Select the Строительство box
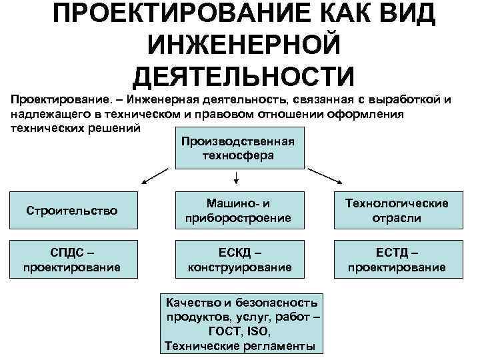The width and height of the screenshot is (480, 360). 72,211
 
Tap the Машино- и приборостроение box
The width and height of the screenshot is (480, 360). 238,211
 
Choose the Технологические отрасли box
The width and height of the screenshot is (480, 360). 396,211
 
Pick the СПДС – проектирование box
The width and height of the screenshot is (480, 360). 72,261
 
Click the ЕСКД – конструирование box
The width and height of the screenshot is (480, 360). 238,261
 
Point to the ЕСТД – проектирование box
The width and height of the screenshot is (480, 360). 396,261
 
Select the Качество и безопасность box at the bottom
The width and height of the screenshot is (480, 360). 243,324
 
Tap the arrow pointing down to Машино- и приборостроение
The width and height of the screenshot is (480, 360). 237,177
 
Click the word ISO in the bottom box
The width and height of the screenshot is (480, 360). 259,334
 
